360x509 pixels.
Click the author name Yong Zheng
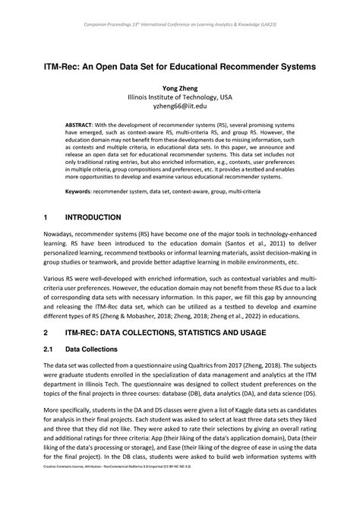tap(179, 87)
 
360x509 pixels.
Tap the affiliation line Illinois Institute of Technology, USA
tap(179, 98)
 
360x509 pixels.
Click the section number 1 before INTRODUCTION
tap(47, 217)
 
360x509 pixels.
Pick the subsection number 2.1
tap(50, 349)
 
